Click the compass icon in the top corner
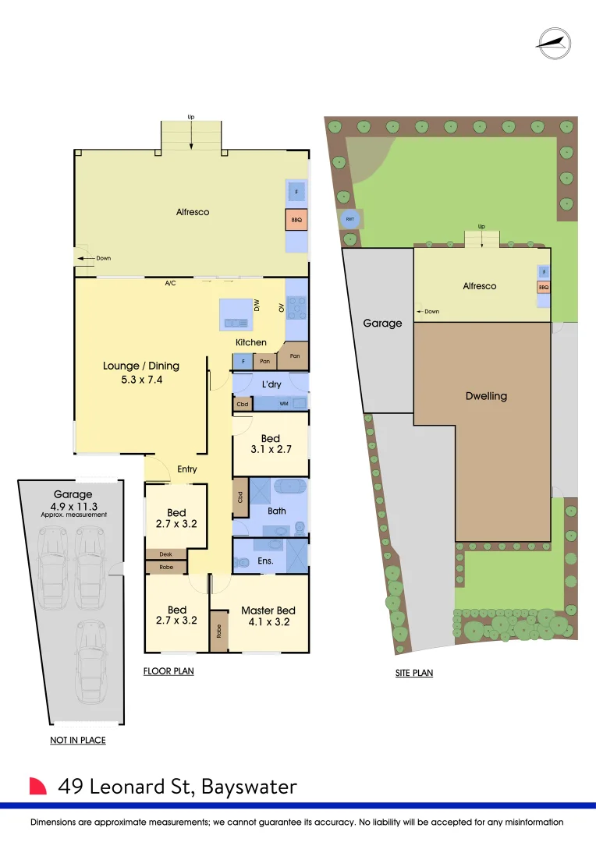554,44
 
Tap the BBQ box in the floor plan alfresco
296,220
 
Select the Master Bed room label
268,610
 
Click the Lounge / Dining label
141,366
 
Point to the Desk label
165,554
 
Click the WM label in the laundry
284,404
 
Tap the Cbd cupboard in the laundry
243,404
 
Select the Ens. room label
265,561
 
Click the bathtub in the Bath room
290,486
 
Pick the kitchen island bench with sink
236,314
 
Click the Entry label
187,469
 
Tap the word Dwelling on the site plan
486,396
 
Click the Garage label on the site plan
383,324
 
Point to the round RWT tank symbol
350,219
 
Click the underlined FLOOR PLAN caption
169,671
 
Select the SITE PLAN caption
414,673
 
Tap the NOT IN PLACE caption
78,740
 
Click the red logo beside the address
37,786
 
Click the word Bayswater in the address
249,787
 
